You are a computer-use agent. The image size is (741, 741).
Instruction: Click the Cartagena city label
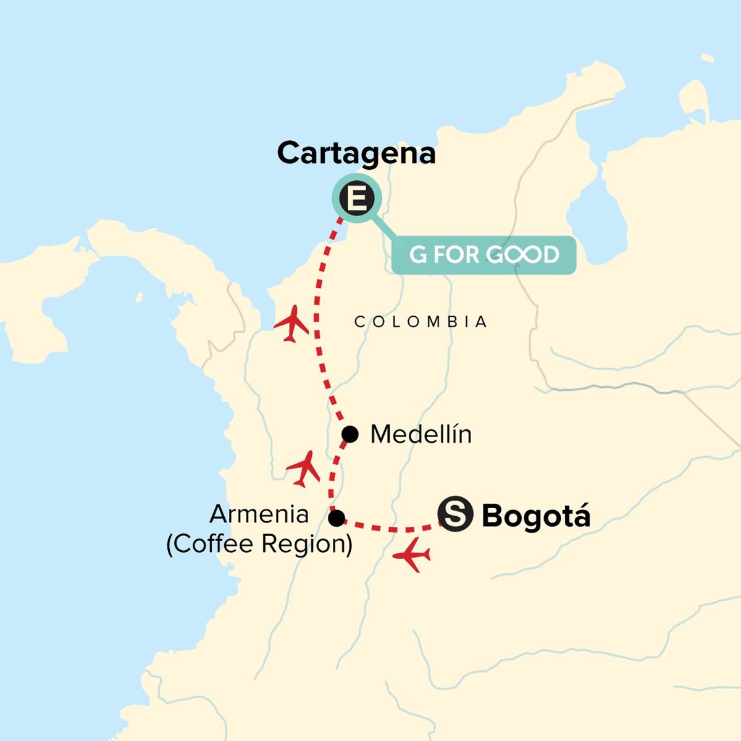(x=356, y=153)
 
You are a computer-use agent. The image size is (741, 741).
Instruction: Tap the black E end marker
(x=357, y=199)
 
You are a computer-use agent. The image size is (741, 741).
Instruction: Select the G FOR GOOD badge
(x=484, y=254)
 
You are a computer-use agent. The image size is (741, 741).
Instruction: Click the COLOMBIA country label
(x=421, y=322)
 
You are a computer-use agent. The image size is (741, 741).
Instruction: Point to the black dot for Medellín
(x=350, y=435)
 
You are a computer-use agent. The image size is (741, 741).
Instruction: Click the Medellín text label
(x=421, y=435)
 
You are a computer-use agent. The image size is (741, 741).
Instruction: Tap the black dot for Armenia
(x=337, y=518)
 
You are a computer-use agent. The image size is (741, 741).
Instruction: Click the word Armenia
(x=259, y=514)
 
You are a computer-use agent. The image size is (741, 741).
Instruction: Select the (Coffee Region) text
(x=259, y=544)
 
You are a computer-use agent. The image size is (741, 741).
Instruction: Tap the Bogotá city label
(x=535, y=516)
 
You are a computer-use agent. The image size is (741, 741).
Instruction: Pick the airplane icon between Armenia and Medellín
(x=303, y=469)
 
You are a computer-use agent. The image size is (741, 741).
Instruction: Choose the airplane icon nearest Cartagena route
(x=291, y=323)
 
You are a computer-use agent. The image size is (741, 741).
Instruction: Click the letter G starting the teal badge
(x=418, y=254)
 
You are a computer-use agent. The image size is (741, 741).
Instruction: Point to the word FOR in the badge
(x=456, y=254)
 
